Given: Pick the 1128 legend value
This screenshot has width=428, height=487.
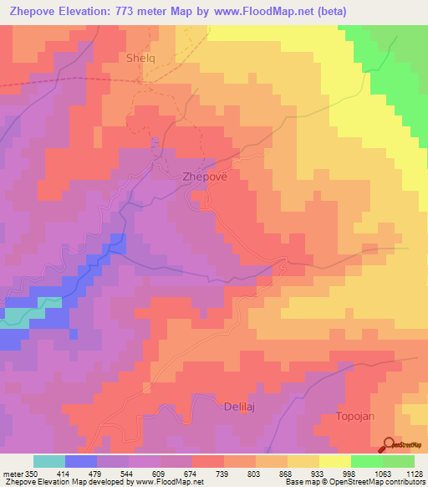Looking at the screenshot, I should click(413, 473).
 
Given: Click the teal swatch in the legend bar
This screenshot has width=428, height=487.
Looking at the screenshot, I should click(49, 461).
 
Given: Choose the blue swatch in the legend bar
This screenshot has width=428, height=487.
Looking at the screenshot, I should click(81, 461).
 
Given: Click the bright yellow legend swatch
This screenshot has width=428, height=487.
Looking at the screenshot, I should click(334, 461).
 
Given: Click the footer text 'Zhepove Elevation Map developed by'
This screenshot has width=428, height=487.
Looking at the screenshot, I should click(59, 482).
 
